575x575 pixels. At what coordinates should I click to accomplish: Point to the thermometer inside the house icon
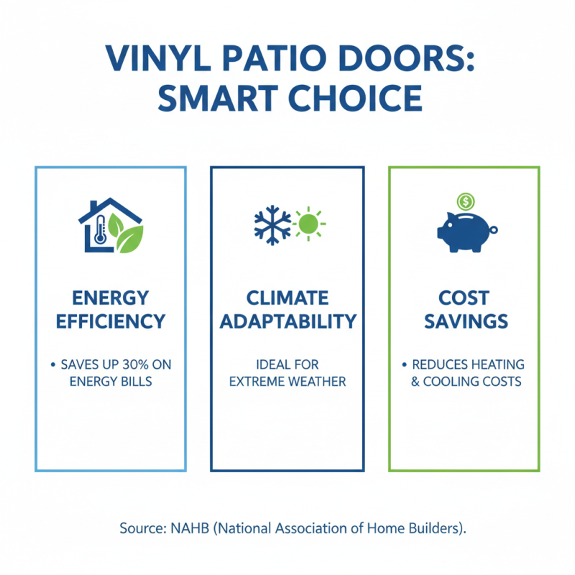coord(100,234)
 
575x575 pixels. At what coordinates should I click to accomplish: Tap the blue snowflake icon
coord(272,224)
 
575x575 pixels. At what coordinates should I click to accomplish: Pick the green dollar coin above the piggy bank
coord(464,201)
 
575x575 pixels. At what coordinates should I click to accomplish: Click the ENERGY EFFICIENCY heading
coord(111,309)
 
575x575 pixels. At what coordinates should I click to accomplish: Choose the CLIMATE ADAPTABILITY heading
coord(287,309)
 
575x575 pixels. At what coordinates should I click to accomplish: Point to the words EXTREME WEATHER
coord(287,381)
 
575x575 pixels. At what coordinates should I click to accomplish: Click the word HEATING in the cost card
coord(496,365)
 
